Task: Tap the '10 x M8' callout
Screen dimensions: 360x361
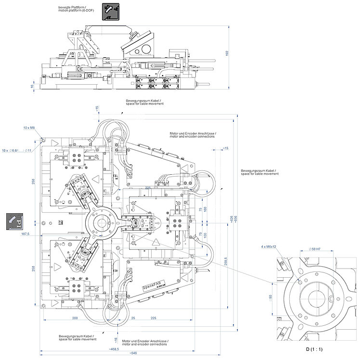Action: tap(30, 128)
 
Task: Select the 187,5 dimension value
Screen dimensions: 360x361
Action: tap(26, 234)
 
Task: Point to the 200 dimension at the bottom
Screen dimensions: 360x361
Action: tap(75, 318)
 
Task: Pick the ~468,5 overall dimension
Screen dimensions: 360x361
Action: tap(114, 348)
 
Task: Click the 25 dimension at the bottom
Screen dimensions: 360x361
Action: tap(132, 318)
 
